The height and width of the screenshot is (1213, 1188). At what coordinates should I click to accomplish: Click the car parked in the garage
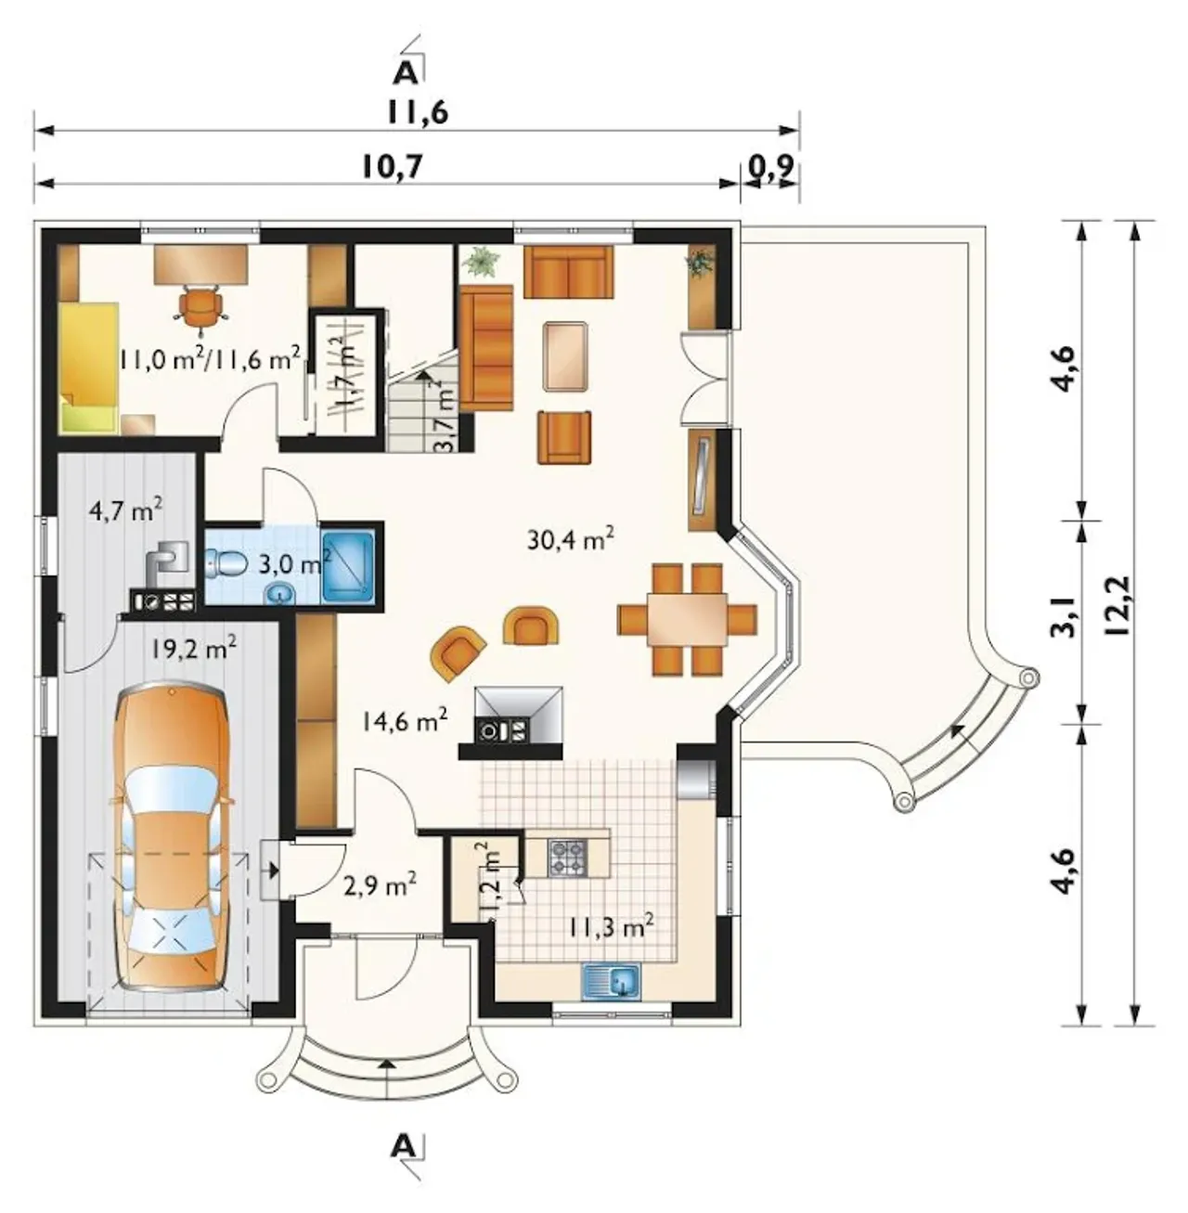172,843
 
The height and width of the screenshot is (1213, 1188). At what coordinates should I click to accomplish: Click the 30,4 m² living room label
571,540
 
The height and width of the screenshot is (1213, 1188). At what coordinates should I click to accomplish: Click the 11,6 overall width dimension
418,113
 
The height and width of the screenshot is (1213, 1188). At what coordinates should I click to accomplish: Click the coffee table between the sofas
565,355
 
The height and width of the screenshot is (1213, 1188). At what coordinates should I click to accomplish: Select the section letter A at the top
405,74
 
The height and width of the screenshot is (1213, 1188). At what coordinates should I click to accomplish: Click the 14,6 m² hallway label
404,721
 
